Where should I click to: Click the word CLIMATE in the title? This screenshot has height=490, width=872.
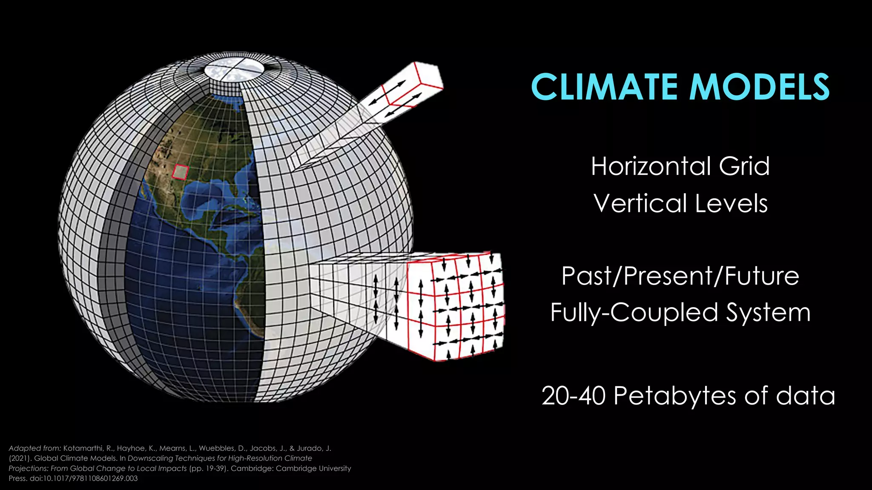[604, 87]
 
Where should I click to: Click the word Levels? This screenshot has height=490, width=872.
[731, 203]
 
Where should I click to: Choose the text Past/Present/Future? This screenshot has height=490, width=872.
[680, 276]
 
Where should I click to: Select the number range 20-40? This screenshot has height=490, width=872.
[574, 396]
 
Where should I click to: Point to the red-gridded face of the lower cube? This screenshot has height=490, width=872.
[456, 308]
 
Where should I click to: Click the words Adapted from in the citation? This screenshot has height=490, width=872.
[34, 448]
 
